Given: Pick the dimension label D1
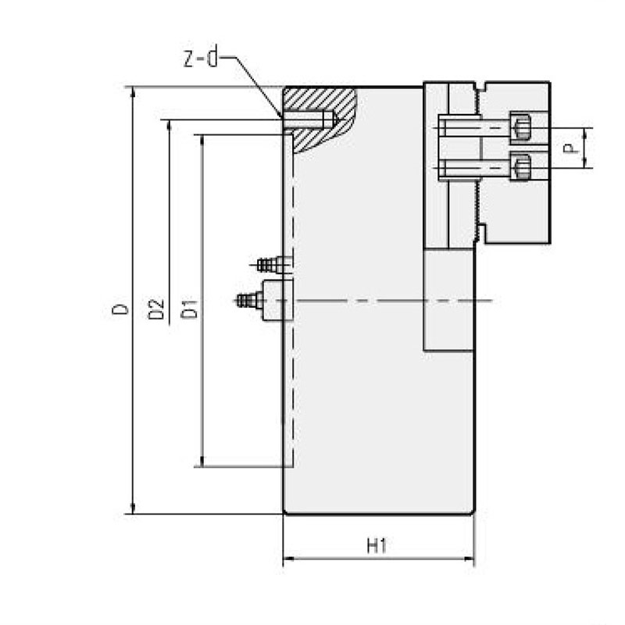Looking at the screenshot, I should pos(189,309).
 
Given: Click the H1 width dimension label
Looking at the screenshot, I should pos(377,546).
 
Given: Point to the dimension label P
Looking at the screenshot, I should pos(575,148).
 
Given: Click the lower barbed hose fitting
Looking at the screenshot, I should pos(248,299).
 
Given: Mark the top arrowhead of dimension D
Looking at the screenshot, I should pos(133,91).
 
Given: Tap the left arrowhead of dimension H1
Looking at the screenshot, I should pos(286,559).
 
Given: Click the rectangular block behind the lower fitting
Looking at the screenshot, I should pos(277,301).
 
